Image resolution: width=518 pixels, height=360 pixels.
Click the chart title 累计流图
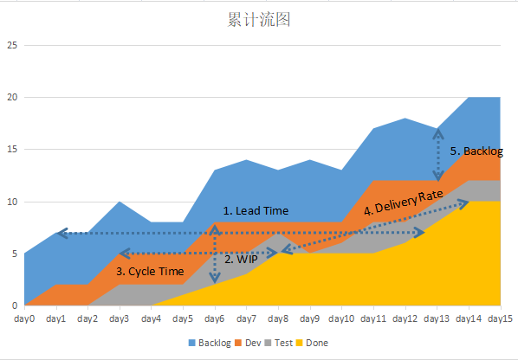[x=259, y=19]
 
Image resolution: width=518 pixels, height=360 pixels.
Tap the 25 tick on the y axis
[x=12, y=45]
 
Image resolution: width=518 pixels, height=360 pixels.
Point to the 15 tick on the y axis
[x=12, y=150]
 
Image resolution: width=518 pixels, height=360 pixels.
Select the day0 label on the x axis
[x=24, y=318]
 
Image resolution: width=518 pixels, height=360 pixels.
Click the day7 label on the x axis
[x=247, y=318]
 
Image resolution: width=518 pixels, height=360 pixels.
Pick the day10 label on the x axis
[x=341, y=318]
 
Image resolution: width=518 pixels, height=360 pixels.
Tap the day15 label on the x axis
[x=500, y=318]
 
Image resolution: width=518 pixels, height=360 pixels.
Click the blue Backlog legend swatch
[x=192, y=343]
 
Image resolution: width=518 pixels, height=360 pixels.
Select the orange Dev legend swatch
[x=238, y=343]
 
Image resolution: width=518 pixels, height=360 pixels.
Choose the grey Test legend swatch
[x=268, y=343]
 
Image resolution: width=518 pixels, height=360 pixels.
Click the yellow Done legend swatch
[x=299, y=343]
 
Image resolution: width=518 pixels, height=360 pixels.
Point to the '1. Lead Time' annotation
[x=256, y=211]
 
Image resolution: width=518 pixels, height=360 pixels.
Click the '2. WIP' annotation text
[x=241, y=260]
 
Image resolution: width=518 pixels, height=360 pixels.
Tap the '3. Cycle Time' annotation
[x=150, y=272]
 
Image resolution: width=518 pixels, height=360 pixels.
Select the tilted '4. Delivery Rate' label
[x=404, y=202]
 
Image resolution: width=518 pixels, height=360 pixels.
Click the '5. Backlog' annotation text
[x=476, y=151]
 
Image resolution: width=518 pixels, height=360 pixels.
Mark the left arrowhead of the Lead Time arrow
[x=62, y=233]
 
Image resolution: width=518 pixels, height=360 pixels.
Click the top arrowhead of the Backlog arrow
[x=438, y=133]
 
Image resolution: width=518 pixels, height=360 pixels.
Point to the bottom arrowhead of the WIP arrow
[x=215, y=279]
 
